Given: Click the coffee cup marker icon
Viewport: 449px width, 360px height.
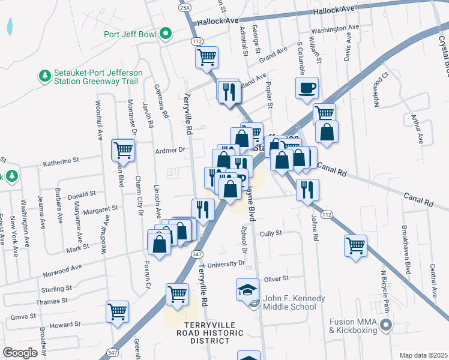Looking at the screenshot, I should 307,88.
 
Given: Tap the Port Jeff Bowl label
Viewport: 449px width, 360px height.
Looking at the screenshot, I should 130,34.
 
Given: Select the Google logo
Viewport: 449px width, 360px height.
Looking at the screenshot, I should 20,352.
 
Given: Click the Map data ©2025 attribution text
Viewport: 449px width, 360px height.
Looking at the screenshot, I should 423,355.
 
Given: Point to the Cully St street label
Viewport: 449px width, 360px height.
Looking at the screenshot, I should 271,233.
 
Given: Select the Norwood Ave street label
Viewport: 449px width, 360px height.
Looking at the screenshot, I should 62,271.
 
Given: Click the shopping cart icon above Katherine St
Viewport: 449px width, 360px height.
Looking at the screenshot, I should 123,149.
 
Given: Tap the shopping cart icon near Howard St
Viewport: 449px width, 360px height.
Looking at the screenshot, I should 117,311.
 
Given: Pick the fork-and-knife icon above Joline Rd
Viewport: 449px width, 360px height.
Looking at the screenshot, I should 307,189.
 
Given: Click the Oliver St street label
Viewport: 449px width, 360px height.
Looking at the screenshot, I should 276,278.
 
